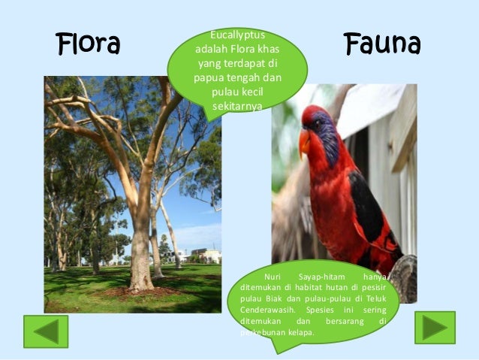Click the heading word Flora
click(x=89, y=44)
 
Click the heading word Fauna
click(x=382, y=44)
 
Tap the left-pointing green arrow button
click(x=46, y=331)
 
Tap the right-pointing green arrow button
click(x=435, y=328)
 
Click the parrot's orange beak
click(x=305, y=141)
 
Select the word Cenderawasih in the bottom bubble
click(x=270, y=310)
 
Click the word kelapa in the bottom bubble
click(x=301, y=332)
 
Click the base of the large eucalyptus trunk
click(x=140, y=282)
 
